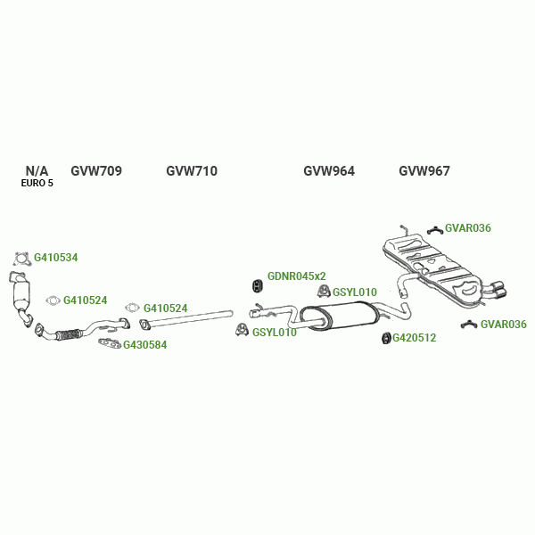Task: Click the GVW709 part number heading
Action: (96, 171)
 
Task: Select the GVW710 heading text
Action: (192, 171)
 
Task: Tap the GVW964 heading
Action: (329, 171)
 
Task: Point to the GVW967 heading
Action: (424, 171)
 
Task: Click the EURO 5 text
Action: (37, 184)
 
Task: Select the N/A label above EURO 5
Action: (37, 170)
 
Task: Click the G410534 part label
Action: (56, 258)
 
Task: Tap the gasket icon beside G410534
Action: (22, 259)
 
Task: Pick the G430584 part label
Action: (144, 345)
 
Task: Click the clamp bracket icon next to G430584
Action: (109, 342)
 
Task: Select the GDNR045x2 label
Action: (297, 276)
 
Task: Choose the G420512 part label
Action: (415, 338)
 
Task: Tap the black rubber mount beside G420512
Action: (385, 338)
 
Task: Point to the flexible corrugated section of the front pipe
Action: (68, 336)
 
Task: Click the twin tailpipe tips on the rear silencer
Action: (496, 289)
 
